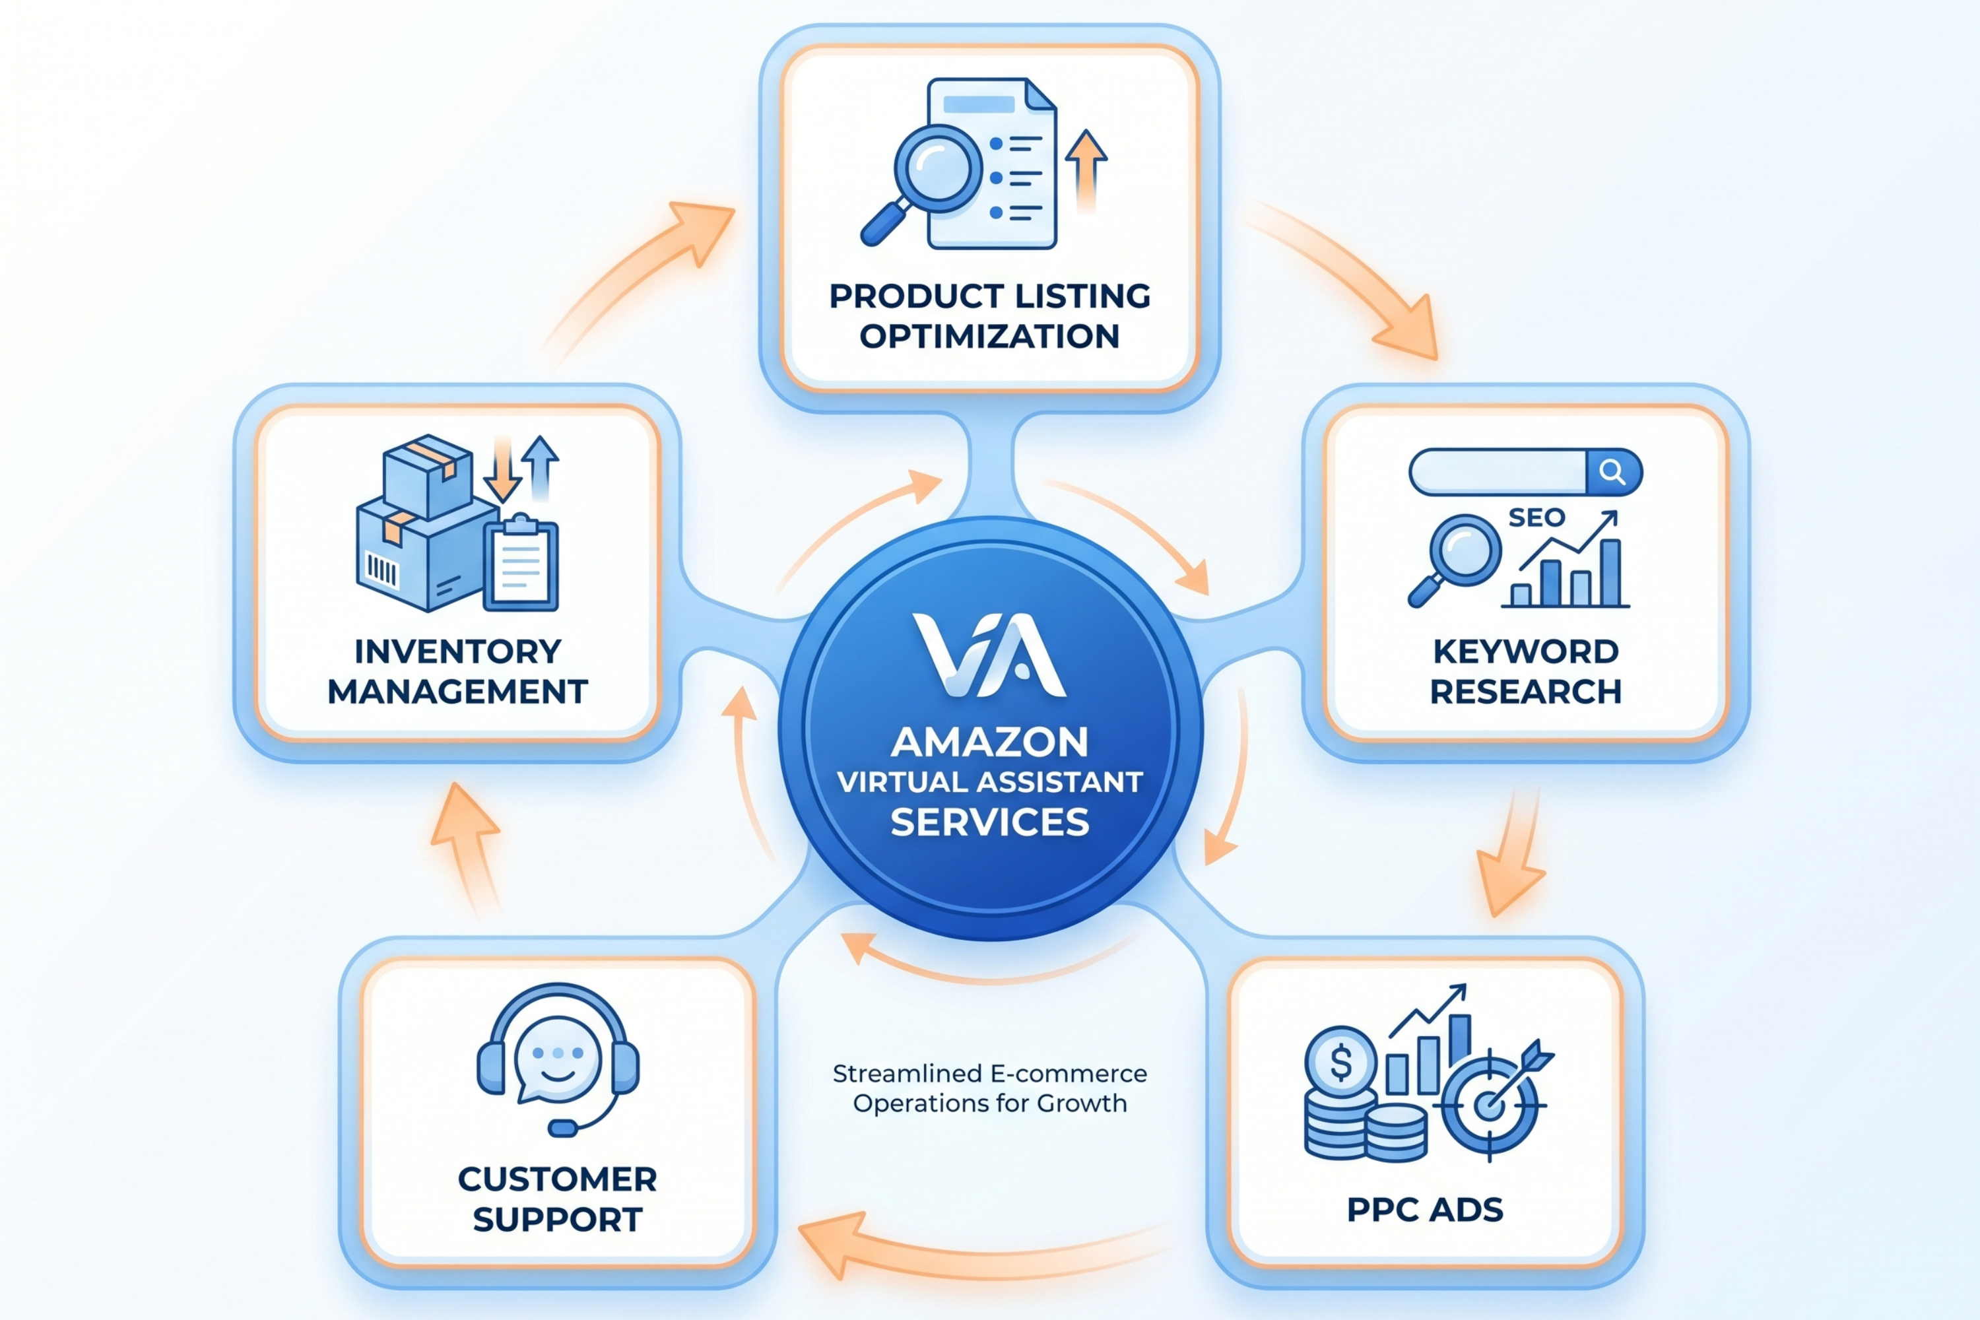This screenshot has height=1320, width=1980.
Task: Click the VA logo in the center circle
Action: point(989,655)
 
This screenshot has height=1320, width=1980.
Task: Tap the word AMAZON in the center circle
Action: point(989,742)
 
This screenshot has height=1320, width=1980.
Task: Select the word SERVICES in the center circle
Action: point(989,822)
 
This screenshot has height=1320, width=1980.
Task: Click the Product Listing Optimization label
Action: point(989,315)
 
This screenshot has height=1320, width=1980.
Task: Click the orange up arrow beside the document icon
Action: point(1086,168)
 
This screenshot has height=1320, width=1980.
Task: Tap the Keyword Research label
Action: point(1525,671)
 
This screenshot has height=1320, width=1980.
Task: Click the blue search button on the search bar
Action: point(1612,471)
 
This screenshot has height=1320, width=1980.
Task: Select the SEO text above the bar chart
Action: point(1536,517)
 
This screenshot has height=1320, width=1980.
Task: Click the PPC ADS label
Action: point(1424,1210)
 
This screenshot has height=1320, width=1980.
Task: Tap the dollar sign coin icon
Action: point(1340,1063)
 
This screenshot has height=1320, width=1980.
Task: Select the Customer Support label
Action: point(557,1199)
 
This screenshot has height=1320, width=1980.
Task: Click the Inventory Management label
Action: point(457,671)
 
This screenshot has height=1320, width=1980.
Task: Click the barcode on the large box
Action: point(381,571)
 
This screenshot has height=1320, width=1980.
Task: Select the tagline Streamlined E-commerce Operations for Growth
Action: point(989,1088)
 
